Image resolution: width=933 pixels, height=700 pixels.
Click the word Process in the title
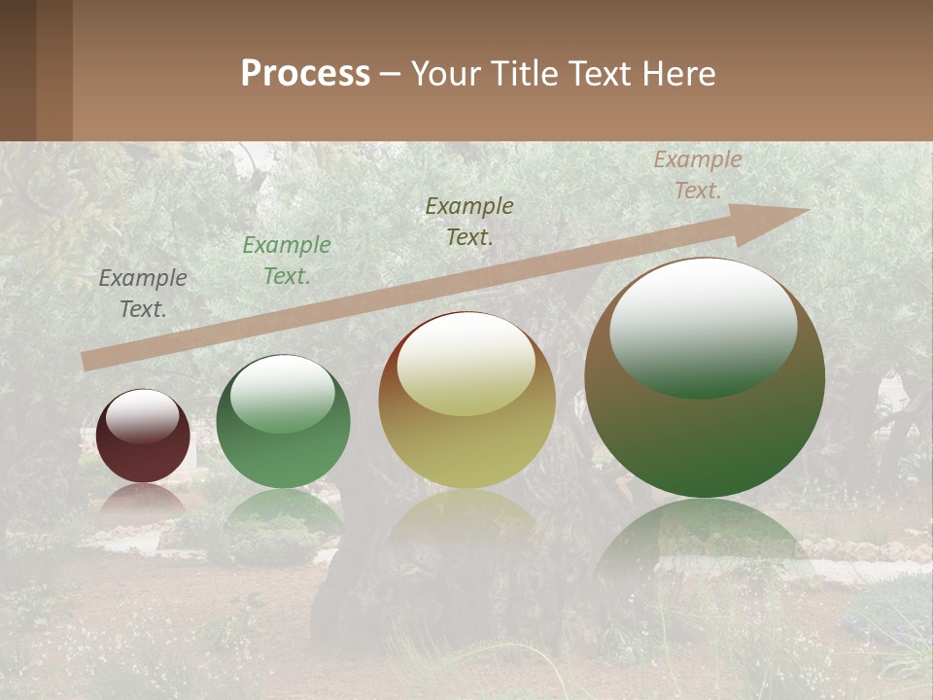[305, 74]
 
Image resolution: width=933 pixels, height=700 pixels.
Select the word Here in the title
[676, 74]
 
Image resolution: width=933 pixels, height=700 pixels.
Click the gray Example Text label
[143, 294]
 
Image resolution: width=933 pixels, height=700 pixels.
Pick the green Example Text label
[286, 261]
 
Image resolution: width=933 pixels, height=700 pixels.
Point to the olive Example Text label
[469, 222]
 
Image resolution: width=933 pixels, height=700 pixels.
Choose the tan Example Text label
[697, 175]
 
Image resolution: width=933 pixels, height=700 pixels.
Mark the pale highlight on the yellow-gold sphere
[466, 366]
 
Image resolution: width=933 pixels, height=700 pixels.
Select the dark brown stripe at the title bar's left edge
[17, 70]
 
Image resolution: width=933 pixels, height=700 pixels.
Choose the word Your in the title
[444, 74]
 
